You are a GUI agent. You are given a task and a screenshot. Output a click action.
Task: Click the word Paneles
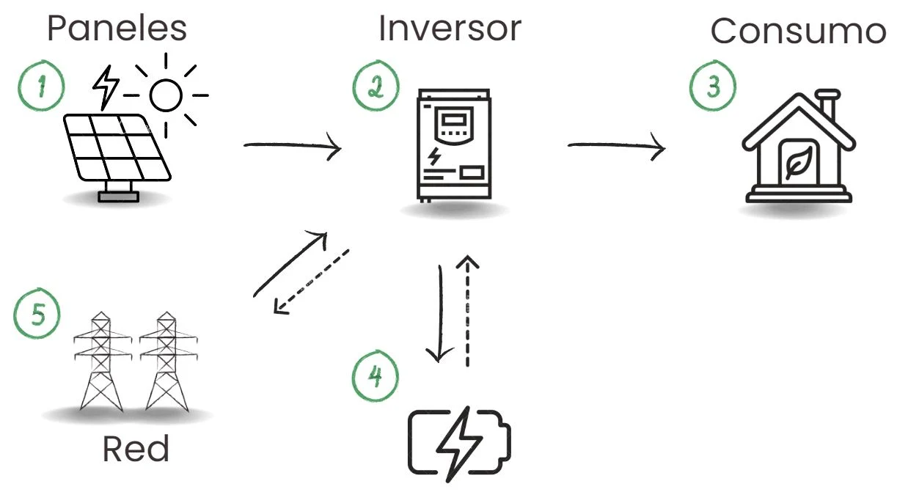pos(117,28)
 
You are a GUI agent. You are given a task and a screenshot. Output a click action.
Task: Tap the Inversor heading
pos(449,28)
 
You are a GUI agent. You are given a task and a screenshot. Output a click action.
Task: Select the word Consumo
pos(798,31)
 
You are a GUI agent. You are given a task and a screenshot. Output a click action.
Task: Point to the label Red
pos(136,449)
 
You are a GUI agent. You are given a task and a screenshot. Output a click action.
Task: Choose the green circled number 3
pos(712,86)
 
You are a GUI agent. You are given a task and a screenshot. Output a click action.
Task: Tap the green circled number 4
pos(375,377)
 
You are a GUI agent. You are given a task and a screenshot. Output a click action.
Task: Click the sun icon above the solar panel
pos(165,95)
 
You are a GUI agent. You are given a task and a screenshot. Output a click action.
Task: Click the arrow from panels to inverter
pos(293,147)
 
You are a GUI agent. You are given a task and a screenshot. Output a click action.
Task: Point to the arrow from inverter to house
pos(616,147)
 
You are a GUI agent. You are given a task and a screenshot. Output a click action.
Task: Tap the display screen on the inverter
pos(452,120)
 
